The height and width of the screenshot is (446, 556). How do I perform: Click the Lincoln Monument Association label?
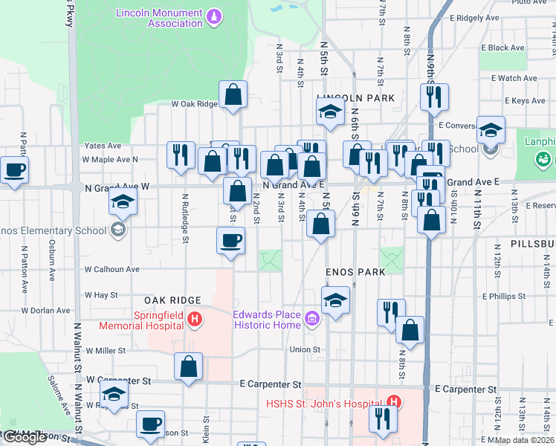coord(159,18)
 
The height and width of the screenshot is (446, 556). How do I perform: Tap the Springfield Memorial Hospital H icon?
coord(195,320)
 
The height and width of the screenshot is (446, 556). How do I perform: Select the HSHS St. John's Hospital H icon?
coord(393,404)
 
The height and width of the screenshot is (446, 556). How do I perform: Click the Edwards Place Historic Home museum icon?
coord(311,320)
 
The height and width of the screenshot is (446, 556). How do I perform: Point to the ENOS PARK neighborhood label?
coord(355,272)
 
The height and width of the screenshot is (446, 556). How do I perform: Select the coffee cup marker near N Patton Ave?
coord(14,170)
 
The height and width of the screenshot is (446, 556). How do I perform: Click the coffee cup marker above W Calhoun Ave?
coord(230,241)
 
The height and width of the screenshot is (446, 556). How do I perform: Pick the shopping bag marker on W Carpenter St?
coord(189,366)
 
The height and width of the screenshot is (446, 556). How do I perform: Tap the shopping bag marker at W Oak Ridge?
coord(233,94)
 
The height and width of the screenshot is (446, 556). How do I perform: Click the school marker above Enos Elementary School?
coord(123,202)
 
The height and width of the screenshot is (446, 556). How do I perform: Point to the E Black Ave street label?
coord(506,48)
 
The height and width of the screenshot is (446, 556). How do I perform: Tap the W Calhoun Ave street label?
coord(112,269)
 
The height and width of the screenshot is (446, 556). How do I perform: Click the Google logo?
coord(25,437)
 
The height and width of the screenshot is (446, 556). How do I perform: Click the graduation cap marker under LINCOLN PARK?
coord(329,112)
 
